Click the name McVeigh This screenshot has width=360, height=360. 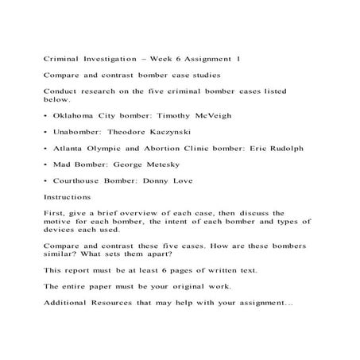pyautogui.click(x=212, y=116)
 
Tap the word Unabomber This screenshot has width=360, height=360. pyautogui.click(x=76, y=132)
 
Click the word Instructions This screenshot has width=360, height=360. pyautogui.click(x=68, y=197)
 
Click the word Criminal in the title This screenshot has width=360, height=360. pyautogui.click(x=61, y=60)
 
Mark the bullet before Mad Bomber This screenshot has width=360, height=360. pyautogui.click(x=45, y=165)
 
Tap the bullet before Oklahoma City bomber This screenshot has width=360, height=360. pyautogui.click(x=45, y=116)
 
